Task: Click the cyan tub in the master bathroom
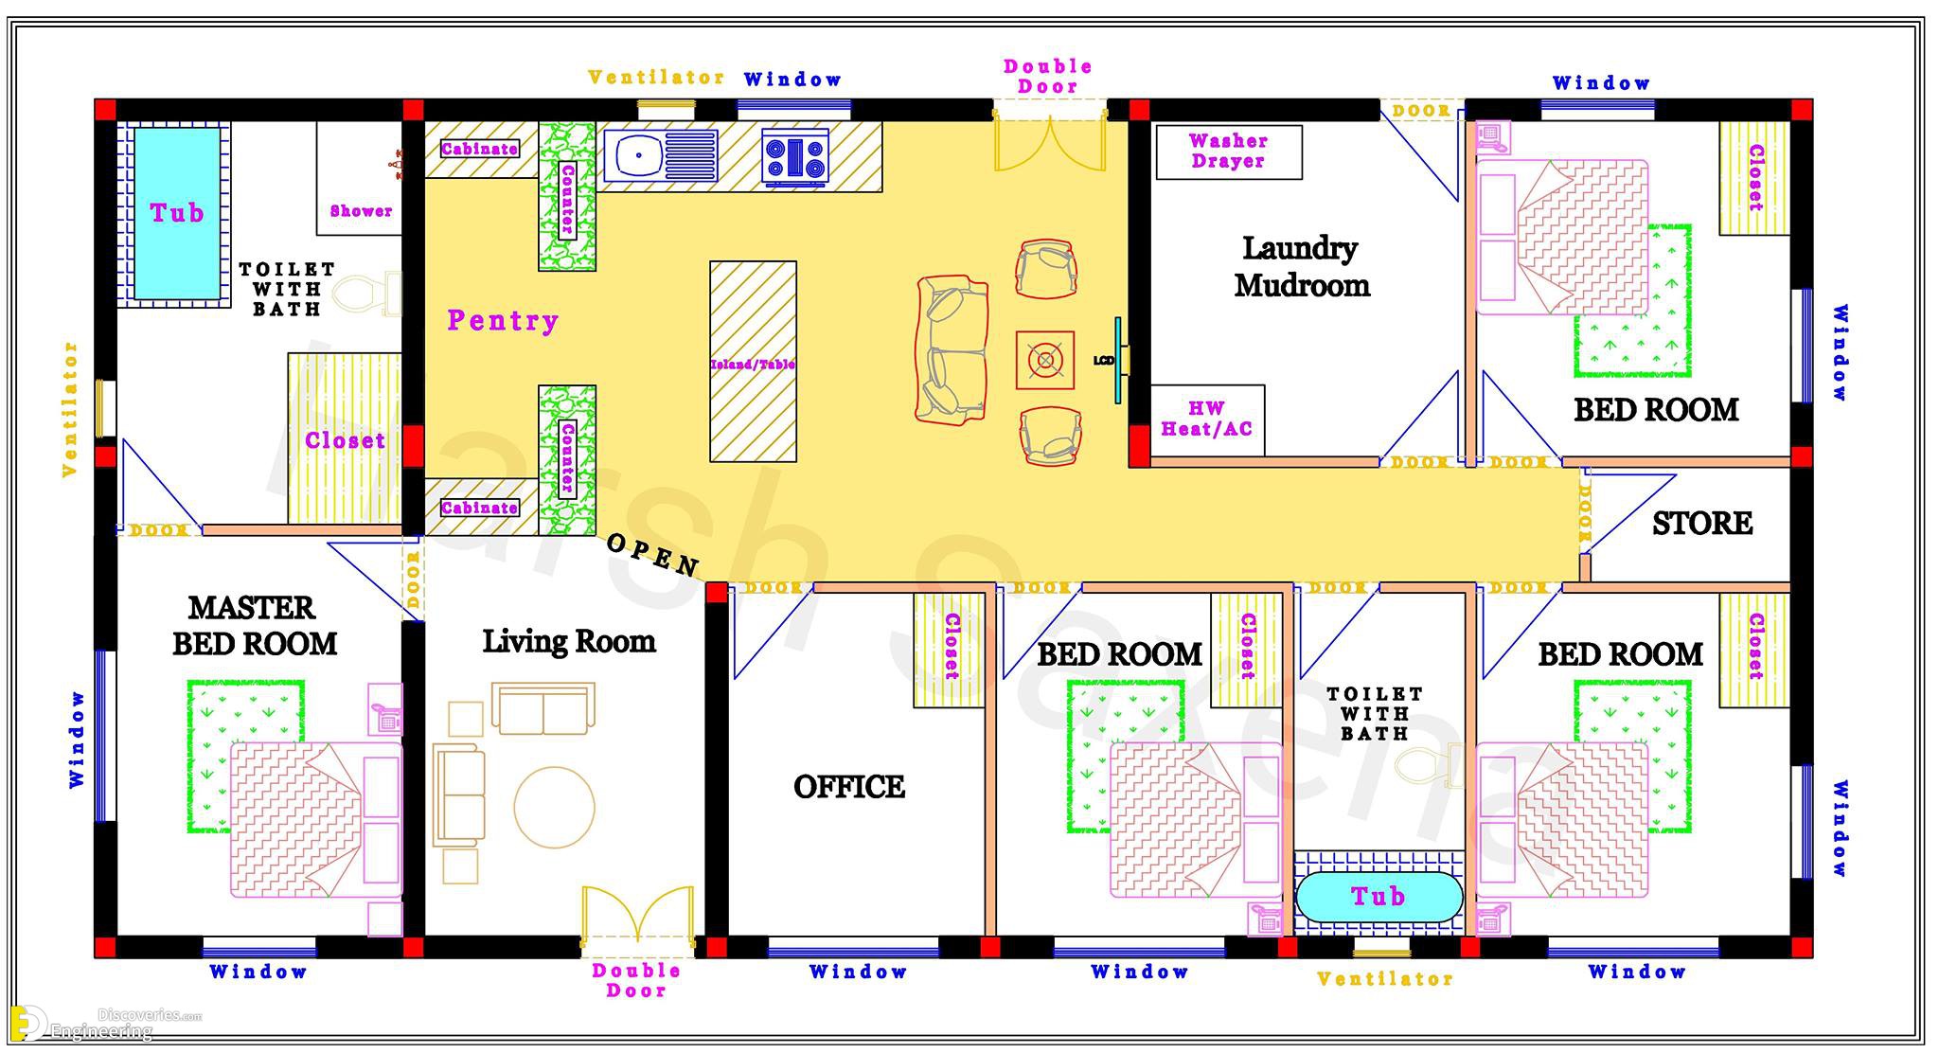pyautogui.click(x=177, y=213)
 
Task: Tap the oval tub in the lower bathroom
pyautogui.click(x=1378, y=897)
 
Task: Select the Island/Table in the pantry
pyautogui.click(x=753, y=362)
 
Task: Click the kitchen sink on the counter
pyautogui.click(x=660, y=154)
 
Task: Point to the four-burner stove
pyautogui.click(x=795, y=155)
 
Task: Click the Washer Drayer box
pyautogui.click(x=1229, y=152)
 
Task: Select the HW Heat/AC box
pyautogui.click(x=1207, y=419)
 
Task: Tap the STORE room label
pyautogui.click(x=1702, y=523)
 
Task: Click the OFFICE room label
pyautogui.click(x=849, y=787)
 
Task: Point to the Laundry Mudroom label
pyautogui.click(x=1302, y=266)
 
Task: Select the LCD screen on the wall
pyautogui.click(x=1117, y=361)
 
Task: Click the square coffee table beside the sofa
pyautogui.click(x=1045, y=360)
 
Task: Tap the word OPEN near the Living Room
pyautogui.click(x=652, y=555)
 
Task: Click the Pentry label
pyautogui.click(x=503, y=320)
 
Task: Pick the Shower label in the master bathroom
pyautogui.click(x=361, y=211)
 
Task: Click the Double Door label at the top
pyautogui.click(x=1048, y=77)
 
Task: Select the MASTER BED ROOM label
pyautogui.click(x=254, y=626)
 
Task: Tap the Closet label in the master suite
pyautogui.click(x=345, y=440)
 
